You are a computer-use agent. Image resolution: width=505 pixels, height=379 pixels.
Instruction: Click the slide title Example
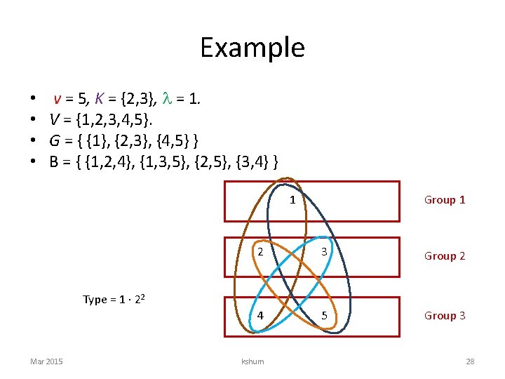252,48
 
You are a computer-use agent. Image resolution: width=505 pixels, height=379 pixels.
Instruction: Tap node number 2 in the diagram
260,253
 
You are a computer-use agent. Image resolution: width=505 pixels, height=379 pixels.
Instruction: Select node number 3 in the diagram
325,253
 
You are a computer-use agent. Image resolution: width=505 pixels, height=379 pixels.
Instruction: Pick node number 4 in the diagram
260,315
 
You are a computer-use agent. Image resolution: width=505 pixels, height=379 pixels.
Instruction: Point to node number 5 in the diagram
325,315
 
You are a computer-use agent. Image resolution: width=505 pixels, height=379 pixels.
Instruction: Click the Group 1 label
445,200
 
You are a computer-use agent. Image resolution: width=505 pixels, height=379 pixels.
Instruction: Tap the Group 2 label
445,256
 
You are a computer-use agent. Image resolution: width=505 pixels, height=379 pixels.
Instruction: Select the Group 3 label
445,316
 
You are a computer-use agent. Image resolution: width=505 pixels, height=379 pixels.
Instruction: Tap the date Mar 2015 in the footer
46,361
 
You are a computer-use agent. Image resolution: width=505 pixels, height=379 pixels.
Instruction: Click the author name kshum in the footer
252,361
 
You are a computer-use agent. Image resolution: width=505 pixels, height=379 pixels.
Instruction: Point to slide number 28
470,361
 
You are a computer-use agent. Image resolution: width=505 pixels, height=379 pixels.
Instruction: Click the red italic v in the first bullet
57,100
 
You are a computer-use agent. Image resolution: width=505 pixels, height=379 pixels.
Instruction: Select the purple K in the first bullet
98,100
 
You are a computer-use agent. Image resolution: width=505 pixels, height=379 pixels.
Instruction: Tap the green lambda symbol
166,100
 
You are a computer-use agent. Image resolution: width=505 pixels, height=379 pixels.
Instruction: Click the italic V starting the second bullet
54,121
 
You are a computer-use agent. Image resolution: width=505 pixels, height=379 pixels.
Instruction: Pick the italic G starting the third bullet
55,142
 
